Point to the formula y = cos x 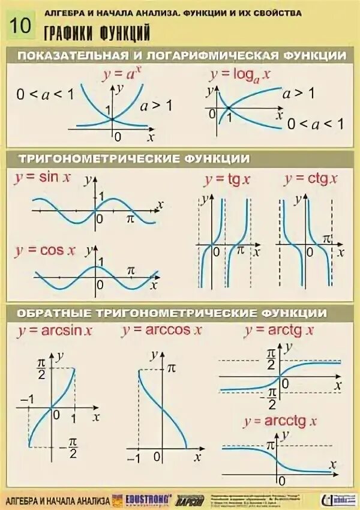(x=45, y=251)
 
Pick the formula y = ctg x (x=310, y=178)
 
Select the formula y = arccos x (x=161, y=330)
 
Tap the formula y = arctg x (x=279, y=331)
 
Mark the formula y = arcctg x (x=280, y=421)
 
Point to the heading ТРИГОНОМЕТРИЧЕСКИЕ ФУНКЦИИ (x=134, y=158)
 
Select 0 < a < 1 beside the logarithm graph (x=316, y=124)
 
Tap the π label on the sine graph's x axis (x=131, y=220)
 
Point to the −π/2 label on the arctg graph (x=269, y=397)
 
